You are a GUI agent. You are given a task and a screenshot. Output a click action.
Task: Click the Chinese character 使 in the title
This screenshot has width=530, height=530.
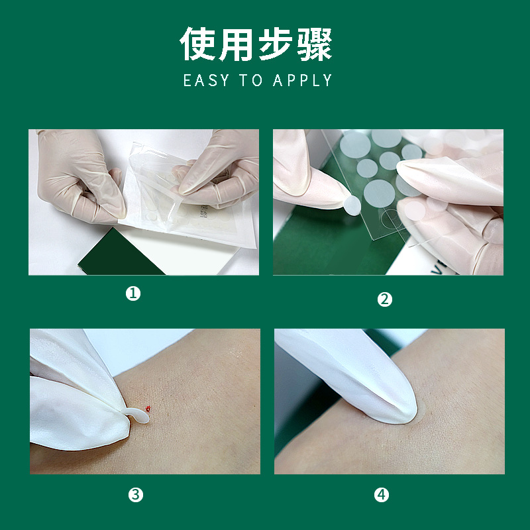[x=199, y=45]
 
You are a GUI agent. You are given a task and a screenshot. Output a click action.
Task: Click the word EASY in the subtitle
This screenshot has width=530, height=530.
[x=206, y=81]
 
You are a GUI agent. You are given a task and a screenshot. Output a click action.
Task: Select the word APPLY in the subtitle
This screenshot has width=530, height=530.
[x=302, y=81]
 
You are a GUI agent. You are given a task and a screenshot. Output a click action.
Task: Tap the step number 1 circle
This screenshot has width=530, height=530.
[x=134, y=293]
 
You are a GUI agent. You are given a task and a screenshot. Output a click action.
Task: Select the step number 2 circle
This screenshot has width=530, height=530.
[x=385, y=299]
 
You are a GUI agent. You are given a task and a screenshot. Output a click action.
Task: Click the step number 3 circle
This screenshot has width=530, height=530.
[x=136, y=494]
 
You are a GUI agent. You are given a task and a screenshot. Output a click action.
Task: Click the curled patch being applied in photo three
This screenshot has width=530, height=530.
[x=138, y=415]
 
